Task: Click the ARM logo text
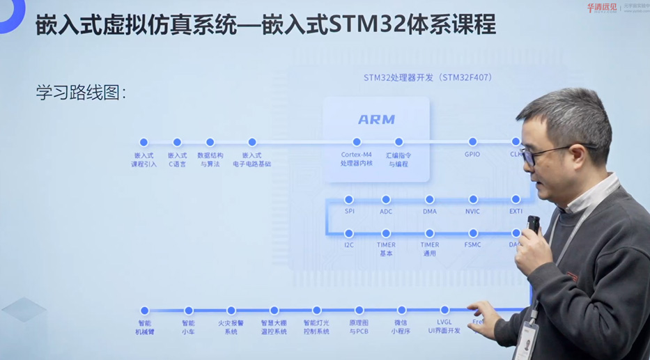376,120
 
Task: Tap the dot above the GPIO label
472,142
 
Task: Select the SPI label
349,211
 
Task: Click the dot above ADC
386,200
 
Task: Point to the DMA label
430,211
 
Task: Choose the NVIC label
472,211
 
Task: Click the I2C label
349,244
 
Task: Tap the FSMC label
473,244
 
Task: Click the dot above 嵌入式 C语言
177,142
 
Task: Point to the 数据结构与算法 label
210,159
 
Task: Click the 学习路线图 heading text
81,93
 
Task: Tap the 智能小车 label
188,327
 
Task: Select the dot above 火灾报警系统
231,311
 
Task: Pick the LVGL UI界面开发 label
444,327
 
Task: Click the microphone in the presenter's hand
533,224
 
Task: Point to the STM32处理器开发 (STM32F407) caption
428,77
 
